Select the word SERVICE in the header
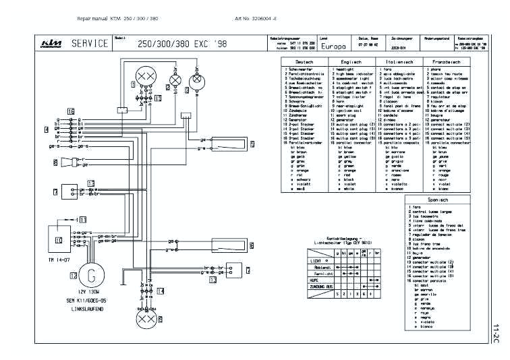(90, 44)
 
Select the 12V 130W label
(88, 293)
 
